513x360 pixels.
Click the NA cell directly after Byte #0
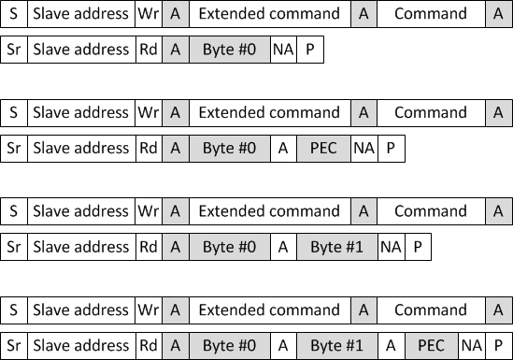(282, 50)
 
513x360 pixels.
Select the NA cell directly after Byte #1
(391, 247)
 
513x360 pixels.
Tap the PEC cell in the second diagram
(322, 148)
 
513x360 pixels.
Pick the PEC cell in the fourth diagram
(431, 346)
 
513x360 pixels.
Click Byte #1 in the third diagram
(336, 247)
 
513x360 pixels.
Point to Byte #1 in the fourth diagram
(336, 346)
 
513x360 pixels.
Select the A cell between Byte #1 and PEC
(391, 346)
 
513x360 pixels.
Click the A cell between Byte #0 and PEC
(282, 148)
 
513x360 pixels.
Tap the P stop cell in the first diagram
(309, 50)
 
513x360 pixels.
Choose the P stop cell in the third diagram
(418, 247)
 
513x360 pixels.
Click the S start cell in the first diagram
(13, 14)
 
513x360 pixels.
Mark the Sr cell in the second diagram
(13, 148)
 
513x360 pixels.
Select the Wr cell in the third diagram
(148, 211)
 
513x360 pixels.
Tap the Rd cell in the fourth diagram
(148, 346)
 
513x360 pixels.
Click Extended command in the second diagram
(269, 112)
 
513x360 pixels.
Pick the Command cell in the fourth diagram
(431, 310)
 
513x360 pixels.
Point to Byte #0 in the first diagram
(229, 50)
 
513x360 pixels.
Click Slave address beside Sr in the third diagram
(80, 247)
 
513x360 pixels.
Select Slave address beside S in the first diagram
(80, 14)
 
